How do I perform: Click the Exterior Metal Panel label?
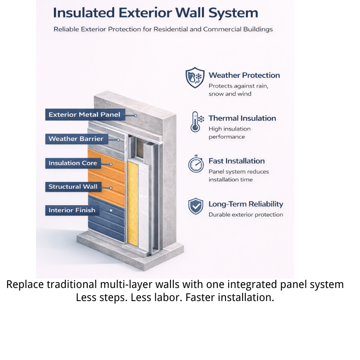click(x=85, y=115)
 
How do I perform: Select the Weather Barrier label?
click(x=76, y=139)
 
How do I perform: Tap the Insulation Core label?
click(x=73, y=163)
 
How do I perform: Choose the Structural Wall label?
click(x=73, y=187)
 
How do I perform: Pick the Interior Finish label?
click(x=72, y=210)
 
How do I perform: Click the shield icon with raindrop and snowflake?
click(x=195, y=78)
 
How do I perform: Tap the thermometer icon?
click(x=196, y=122)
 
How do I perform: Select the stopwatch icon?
click(x=196, y=164)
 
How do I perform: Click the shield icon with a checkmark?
click(x=195, y=207)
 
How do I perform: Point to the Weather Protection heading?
click(x=244, y=75)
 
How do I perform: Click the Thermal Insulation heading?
click(x=242, y=118)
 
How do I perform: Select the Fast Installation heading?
click(x=236, y=161)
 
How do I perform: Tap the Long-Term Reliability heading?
click(x=246, y=204)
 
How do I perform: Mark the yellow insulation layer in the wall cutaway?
click(x=133, y=202)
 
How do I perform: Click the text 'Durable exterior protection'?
click(x=246, y=215)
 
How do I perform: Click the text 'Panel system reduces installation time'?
click(x=238, y=175)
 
